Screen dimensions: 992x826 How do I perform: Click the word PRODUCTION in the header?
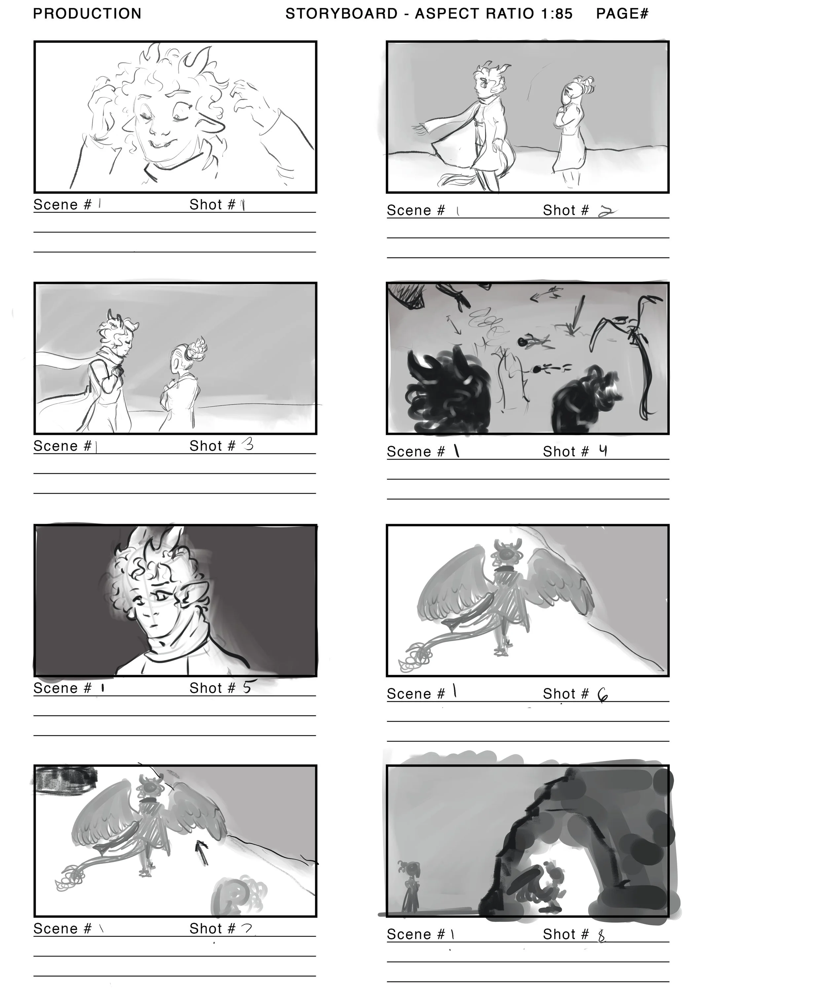coord(87,14)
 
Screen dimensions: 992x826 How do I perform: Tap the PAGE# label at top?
coord(622,14)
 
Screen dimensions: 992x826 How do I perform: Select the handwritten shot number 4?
coord(603,451)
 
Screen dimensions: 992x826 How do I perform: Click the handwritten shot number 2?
coord(606,212)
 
